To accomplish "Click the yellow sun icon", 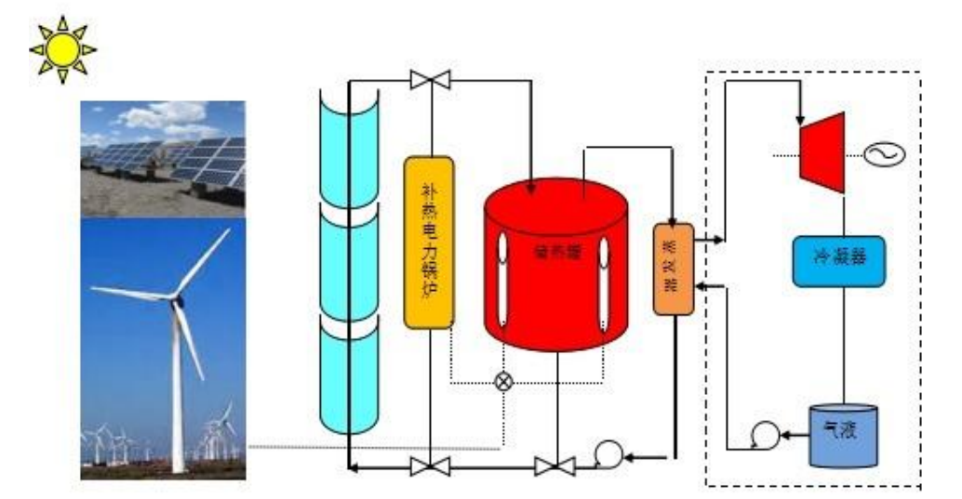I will pyautogui.click(x=62, y=48).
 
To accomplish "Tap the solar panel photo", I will pyautogui.click(x=163, y=158).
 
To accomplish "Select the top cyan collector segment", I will pyautogui.click(x=350, y=139).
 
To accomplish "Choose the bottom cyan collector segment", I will pyautogui.click(x=350, y=376).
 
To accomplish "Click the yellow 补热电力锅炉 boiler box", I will pyautogui.click(x=429, y=242).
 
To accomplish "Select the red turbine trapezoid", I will pyautogui.click(x=822, y=153).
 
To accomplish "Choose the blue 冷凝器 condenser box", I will pyautogui.click(x=837, y=259).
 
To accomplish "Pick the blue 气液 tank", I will pyautogui.click(x=843, y=434).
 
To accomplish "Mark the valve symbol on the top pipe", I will pyautogui.click(x=430, y=81).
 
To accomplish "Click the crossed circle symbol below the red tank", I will pyautogui.click(x=503, y=381).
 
